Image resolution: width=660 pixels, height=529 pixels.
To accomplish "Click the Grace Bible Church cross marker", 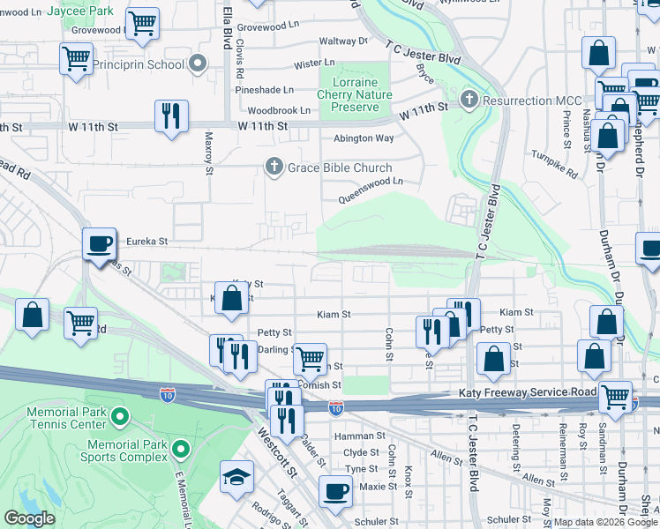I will [274, 168].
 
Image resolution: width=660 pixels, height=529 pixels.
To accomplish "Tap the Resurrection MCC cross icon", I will [469, 98].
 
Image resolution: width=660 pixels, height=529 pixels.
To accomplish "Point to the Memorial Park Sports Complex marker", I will [181, 450].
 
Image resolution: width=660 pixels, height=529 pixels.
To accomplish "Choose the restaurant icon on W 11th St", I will [169, 115].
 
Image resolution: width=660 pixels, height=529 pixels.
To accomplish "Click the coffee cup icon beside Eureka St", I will [99, 242].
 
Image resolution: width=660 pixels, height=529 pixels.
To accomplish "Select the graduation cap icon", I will [236, 476].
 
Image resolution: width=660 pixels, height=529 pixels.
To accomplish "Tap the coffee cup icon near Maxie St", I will [334, 490].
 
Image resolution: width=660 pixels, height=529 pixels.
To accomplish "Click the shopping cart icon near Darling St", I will [309, 358].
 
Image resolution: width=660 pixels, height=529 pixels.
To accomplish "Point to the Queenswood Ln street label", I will [373, 182].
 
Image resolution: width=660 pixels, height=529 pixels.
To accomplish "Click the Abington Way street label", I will [363, 138].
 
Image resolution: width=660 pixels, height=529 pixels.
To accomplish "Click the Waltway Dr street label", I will [343, 41].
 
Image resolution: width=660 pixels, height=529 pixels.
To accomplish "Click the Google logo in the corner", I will [29, 518].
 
